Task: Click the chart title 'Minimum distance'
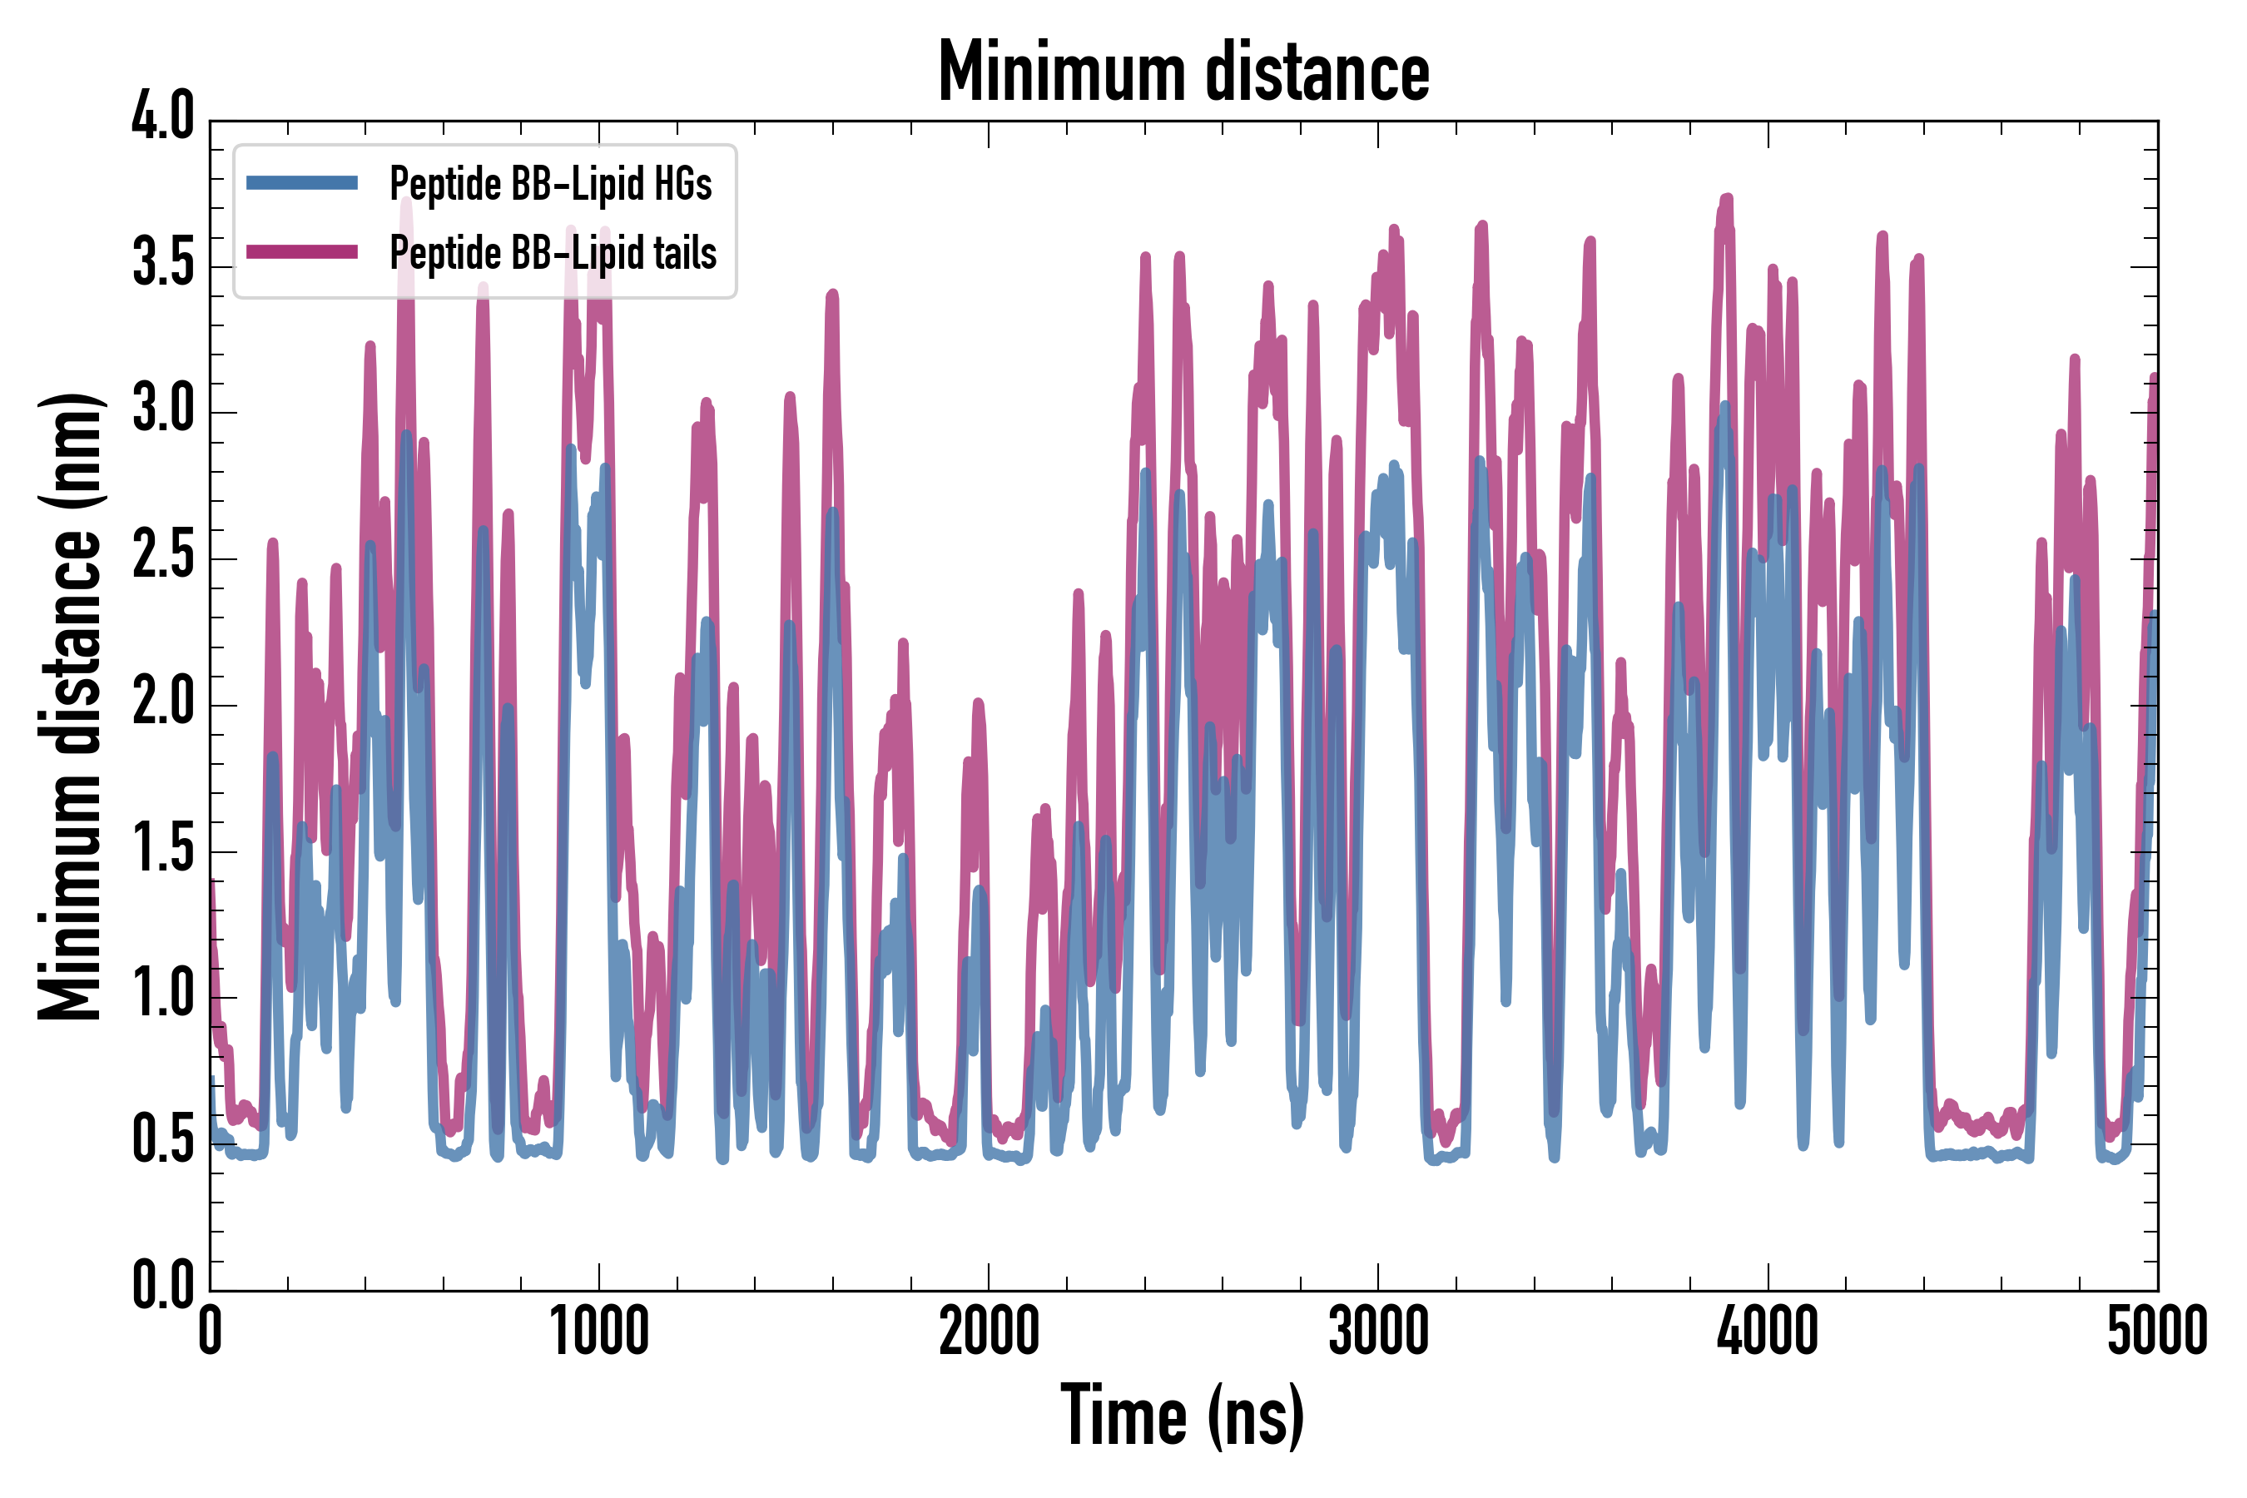pyautogui.click(x=1183, y=72)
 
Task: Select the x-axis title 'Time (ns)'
pyautogui.click(x=1183, y=1416)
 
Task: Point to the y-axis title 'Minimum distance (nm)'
pyautogui.click(x=69, y=707)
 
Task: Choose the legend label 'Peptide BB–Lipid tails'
pyautogui.click(x=553, y=253)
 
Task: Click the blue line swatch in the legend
pyautogui.click(x=302, y=183)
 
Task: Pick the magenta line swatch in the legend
pyautogui.click(x=302, y=252)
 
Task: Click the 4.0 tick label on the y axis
pyautogui.click(x=162, y=118)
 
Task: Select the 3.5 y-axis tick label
pyautogui.click(x=162, y=265)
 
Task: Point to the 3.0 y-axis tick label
pyautogui.click(x=162, y=411)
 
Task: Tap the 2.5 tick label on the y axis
pyautogui.click(x=162, y=557)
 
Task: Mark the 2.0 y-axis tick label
pyautogui.click(x=162, y=704)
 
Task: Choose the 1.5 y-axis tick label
pyautogui.click(x=162, y=851)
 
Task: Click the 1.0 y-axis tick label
pyautogui.click(x=162, y=996)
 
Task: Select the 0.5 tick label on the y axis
pyautogui.click(x=162, y=1143)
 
